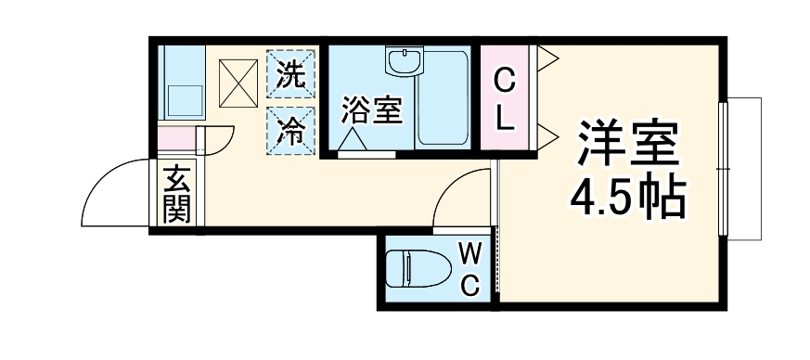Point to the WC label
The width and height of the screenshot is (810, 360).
point(471,268)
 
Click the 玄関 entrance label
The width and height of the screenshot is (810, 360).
point(176,194)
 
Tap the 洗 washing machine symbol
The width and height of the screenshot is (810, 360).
point(292,73)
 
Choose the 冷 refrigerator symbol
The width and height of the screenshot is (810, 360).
point(292,129)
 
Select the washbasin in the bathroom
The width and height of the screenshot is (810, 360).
point(405,64)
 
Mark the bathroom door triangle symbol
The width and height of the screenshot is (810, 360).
point(353,139)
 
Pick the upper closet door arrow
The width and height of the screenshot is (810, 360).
point(547,60)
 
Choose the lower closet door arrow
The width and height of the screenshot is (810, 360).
point(547,138)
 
